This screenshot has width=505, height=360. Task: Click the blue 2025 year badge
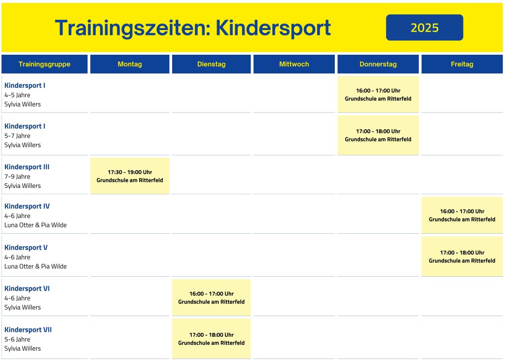tap(425, 28)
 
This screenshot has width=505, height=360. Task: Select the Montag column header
tap(130, 64)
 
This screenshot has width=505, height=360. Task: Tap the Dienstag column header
tap(211, 64)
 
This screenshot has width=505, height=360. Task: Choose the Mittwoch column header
tap(294, 64)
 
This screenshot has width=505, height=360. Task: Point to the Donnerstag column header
tap(378, 64)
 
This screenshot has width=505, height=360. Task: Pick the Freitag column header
tap(462, 64)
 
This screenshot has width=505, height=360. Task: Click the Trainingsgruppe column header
tap(44, 64)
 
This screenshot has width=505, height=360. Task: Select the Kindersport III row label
tap(27, 167)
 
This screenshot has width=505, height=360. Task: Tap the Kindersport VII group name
tap(28, 330)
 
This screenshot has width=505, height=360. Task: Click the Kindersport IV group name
tap(27, 206)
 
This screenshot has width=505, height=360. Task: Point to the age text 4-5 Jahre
tap(17, 95)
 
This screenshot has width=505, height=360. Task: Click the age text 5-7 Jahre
tap(17, 136)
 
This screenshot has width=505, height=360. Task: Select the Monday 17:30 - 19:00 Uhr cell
tap(130, 176)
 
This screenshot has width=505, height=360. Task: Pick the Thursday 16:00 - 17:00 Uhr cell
tap(378, 94)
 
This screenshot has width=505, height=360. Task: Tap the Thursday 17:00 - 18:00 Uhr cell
tap(378, 135)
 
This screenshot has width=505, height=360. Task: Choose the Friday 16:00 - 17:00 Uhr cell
tap(462, 215)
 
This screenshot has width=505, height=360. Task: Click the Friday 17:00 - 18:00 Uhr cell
tap(462, 256)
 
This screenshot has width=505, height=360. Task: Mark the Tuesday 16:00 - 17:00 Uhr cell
tap(211, 297)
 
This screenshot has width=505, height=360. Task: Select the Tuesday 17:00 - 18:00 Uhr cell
tap(211, 339)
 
